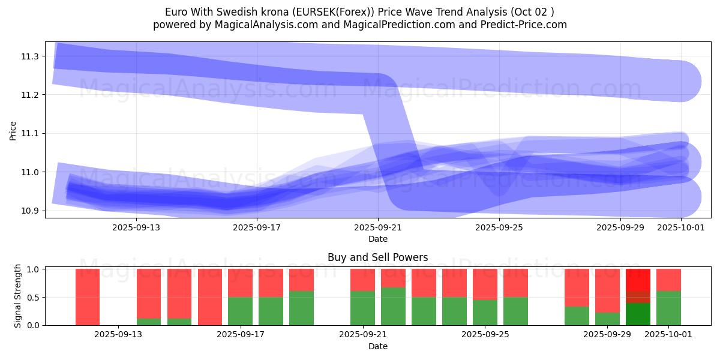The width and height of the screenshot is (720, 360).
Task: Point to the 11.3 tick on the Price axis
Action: pyautogui.click(x=31, y=56)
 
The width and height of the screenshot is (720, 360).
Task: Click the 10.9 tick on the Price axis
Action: pyautogui.click(x=31, y=211)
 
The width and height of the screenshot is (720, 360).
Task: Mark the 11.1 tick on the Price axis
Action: pyautogui.click(x=31, y=134)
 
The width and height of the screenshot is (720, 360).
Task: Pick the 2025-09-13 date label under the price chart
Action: pyautogui.click(x=136, y=227)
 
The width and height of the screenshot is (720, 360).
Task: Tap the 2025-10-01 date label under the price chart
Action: pyautogui.click(x=681, y=227)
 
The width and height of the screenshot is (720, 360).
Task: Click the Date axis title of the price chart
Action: pyautogui.click(x=378, y=239)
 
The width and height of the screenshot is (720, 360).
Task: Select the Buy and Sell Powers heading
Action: pyautogui.click(x=378, y=257)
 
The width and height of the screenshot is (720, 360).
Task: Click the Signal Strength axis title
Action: pyautogui.click(x=18, y=295)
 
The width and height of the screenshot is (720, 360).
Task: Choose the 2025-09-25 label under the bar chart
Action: pyautogui.click(x=484, y=335)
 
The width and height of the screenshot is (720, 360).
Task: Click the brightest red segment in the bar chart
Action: pyautogui.click(x=638, y=280)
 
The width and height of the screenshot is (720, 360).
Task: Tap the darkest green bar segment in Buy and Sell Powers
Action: pyautogui.click(x=638, y=314)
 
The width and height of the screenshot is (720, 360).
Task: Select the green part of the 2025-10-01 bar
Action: pyautogui.click(x=668, y=308)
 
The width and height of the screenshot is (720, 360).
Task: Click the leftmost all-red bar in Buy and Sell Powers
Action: pyautogui.click(x=88, y=297)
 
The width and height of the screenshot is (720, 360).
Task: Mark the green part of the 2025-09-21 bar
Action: pyautogui.click(x=362, y=308)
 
